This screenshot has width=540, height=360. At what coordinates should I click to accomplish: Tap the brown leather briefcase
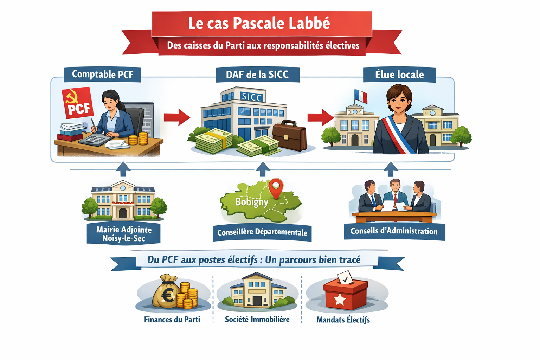pos(289,136)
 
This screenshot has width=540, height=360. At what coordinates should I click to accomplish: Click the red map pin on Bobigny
pos(276,187)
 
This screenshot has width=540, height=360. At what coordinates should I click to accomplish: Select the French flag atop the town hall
pos(361,96)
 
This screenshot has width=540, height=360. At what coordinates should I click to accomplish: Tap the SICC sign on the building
pos(251,97)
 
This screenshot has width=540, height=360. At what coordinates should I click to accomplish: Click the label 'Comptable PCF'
pos(102,75)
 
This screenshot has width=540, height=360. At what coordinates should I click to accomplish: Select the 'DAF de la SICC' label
pos(257,75)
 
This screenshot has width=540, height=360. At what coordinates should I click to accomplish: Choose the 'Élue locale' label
pos(399,75)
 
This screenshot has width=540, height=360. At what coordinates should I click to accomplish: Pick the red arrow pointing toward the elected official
pos(320,117)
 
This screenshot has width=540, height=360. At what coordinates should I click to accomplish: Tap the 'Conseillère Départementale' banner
pos(262,232)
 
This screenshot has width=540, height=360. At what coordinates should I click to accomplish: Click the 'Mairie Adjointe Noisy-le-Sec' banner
pos(124,234)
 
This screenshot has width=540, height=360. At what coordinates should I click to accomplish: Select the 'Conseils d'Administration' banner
pos(394,231)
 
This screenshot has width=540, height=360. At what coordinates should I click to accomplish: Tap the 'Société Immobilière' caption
pos(257,319)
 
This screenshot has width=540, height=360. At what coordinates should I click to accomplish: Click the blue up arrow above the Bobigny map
pos(263,169)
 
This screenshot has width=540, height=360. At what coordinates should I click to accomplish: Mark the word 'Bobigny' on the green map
pos(252,202)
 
